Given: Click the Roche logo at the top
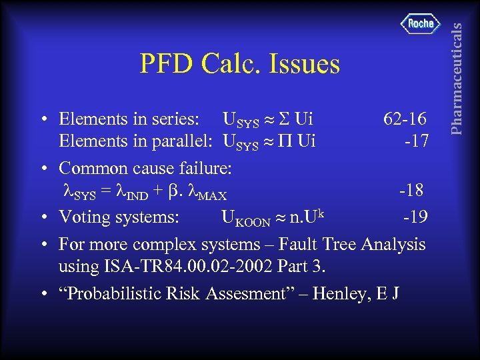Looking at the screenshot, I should (x=421, y=24).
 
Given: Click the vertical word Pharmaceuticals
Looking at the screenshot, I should (x=456, y=67).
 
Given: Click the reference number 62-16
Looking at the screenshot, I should (x=405, y=119).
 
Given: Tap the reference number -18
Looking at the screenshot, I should (x=411, y=191).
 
